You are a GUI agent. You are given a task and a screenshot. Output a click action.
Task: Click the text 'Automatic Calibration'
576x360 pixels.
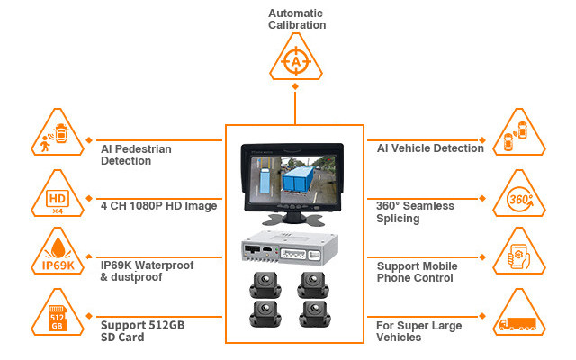[296, 19]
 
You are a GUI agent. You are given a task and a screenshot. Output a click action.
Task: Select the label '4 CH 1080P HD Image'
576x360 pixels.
[158, 206]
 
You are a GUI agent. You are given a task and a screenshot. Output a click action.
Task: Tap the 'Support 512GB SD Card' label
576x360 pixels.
[145, 330]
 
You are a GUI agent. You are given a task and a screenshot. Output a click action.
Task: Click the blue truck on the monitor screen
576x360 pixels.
[301, 177]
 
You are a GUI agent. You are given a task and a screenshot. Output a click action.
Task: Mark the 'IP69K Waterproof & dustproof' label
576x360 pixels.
[147, 271]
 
